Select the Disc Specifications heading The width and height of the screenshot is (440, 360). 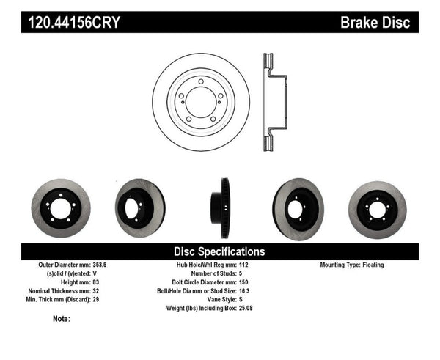point(219,251)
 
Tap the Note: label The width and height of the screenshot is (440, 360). point(62,319)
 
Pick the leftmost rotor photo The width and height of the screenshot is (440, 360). point(62,205)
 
